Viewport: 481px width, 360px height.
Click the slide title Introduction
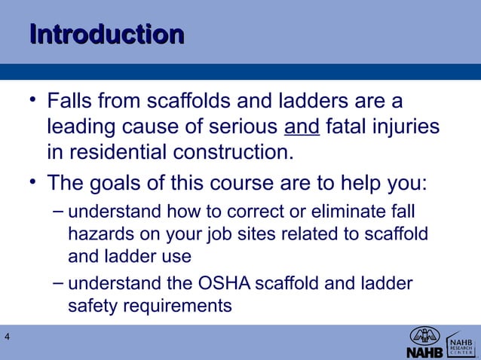click(x=106, y=35)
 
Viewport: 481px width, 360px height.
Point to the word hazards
click(x=97, y=234)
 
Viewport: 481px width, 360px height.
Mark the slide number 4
click(x=7, y=336)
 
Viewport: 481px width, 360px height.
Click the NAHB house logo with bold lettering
click(x=425, y=343)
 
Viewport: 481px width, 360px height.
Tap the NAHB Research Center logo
click(x=461, y=343)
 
